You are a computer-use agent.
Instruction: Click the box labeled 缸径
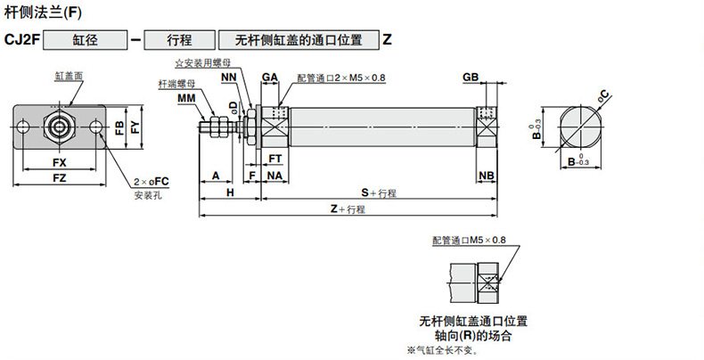[85, 40]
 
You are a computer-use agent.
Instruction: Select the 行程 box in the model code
[179, 40]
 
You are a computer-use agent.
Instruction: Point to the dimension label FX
[59, 163]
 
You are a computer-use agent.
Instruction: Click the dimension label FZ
[59, 178]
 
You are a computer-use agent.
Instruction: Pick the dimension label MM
[186, 97]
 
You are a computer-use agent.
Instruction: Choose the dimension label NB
[487, 176]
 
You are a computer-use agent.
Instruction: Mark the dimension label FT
[275, 158]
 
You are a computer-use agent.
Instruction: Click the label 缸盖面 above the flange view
[69, 76]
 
